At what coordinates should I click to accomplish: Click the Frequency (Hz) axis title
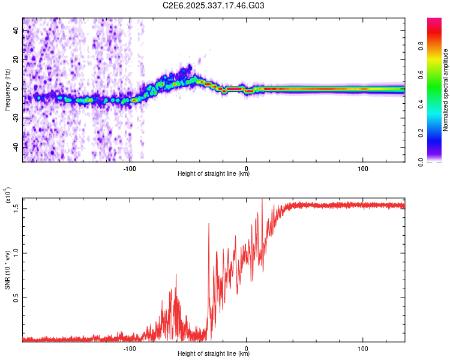(x=7, y=90)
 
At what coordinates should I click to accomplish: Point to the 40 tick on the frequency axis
(x=16, y=31)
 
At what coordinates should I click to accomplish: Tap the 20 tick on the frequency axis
(x=16, y=59)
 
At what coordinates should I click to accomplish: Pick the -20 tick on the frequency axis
(x=16, y=118)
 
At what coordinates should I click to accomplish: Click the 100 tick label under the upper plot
(x=362, y=168)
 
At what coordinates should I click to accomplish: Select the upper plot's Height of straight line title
(x=214, y=174)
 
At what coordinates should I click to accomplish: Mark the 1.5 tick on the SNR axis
(x=16, y=208)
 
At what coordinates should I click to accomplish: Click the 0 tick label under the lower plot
(x=247, y=348)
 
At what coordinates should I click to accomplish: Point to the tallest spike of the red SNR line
(x=262, y=200)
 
